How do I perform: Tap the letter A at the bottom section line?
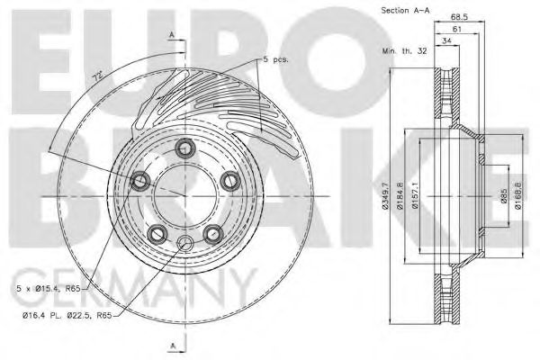pos(171,346)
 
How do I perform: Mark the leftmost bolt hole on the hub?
pos(140,183)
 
